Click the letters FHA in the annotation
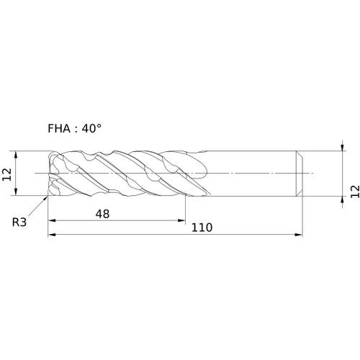[59, 129]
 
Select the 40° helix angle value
[91, 129]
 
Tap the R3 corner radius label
[19, 222]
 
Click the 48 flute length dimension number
[102, 214]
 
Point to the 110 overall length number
[202, 228]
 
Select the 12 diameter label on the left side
[6, 174]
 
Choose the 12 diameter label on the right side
[355, 192]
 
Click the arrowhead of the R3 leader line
[46, 198]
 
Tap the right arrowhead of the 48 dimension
[181, 220]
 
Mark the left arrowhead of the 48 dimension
[53, 220]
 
